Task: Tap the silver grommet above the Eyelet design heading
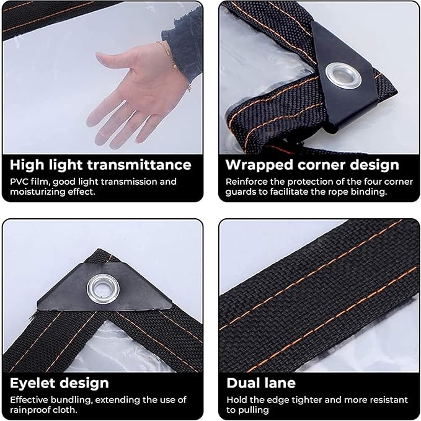click(103, 289)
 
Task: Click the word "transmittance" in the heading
click(139, 165)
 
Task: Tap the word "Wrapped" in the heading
click(259, 166)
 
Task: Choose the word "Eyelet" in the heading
click(33, 383)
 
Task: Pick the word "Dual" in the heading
click(244, 383)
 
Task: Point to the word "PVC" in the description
click(19, 182)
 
